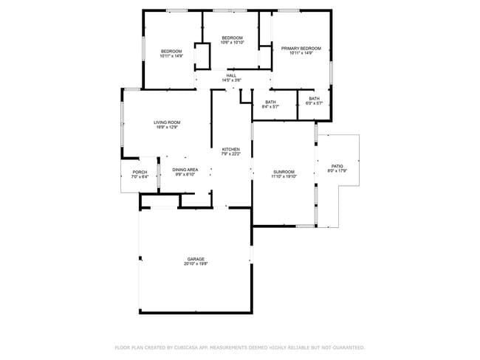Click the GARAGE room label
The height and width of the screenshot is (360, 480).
[196, 259]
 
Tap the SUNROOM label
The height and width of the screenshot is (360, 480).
[283, 172]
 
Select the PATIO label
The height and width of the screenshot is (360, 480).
[337, 167]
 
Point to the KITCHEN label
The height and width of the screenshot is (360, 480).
[231, 149]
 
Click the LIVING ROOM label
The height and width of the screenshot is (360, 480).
[167, 122]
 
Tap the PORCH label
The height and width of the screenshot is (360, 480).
[140, 172]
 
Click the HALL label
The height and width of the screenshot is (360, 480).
[231, 75]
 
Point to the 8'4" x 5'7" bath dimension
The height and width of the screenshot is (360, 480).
[270, 107]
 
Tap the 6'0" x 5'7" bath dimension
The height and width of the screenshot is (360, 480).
[314, 103]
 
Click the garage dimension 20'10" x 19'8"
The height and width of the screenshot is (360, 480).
[196, 264]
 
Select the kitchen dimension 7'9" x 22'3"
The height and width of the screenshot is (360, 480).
[231, 154]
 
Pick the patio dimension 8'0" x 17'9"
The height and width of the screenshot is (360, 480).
[337, 172]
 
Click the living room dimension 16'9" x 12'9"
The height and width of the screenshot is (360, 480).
[167, 128]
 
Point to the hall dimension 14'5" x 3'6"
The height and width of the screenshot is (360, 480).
[231, 80]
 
